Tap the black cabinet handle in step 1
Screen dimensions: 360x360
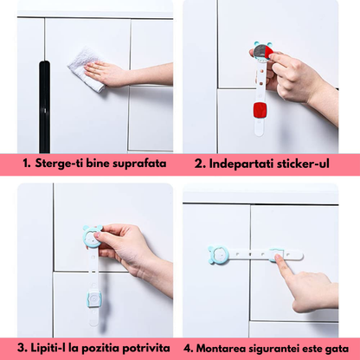(44, 105)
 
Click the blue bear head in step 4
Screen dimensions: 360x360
(220, 256)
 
